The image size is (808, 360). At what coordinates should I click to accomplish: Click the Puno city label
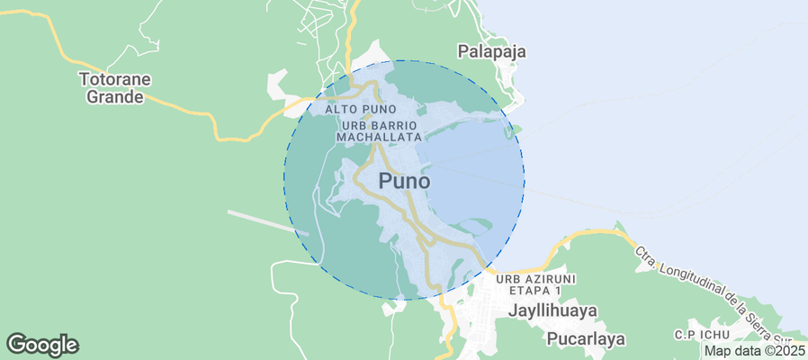coord(404,180)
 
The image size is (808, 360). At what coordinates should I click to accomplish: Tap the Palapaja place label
coord(491,51)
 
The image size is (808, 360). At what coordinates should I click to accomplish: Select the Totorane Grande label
coord(114,87)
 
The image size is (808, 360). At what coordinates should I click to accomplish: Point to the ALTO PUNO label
coord(361,109)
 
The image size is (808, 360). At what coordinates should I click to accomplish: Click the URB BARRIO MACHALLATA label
coord(379,130)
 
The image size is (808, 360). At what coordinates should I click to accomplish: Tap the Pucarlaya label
coord(585,339)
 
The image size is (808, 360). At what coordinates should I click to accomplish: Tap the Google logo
coord(42,344)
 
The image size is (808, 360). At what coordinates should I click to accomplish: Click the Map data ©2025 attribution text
coord(754,351)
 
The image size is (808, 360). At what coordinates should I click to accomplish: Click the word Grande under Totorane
coord(114,96)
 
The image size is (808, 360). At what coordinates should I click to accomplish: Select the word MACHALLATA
coord(379,137)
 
